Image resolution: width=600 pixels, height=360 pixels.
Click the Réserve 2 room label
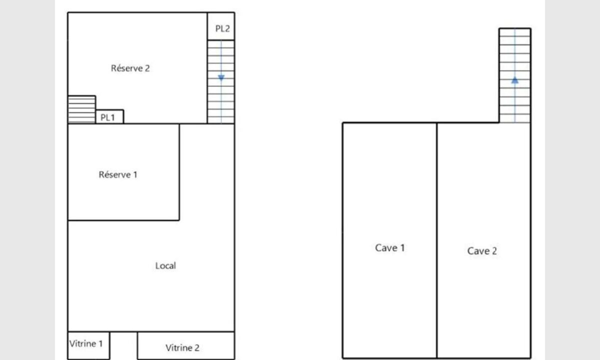click(130, 68)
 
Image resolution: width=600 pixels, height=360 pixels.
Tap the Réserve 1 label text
click(118, 174)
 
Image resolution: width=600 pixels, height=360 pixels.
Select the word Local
click(165, 265)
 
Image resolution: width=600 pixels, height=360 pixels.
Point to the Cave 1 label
click(389, 248)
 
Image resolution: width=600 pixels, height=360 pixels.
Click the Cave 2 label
click(482, 251)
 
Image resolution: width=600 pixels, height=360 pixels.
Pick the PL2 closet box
click(221, 26)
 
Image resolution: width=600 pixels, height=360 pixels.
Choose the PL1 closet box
click(110, 117)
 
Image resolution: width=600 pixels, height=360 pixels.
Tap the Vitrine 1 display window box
click(88, 345)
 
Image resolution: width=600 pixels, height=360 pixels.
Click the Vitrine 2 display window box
click(186, 345)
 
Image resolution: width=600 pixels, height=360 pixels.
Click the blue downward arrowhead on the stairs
click(221, 78)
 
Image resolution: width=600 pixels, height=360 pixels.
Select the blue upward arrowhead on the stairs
click(515, 80)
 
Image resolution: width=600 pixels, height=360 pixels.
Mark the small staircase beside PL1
click(81, 109)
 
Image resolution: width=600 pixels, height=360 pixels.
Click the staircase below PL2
click(221, 82)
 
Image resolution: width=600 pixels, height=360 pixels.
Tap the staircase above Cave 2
click(515, 75)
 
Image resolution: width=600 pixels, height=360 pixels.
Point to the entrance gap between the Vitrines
click(123, 345)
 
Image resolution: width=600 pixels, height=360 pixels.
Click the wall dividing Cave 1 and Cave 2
click(437, 240)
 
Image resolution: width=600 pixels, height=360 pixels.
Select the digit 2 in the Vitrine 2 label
click(197, 347)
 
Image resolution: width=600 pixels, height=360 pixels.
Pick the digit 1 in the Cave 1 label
click(402, 248)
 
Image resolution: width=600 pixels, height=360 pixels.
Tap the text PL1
click(107, 117)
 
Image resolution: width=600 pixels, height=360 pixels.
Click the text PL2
click(222, 28)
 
